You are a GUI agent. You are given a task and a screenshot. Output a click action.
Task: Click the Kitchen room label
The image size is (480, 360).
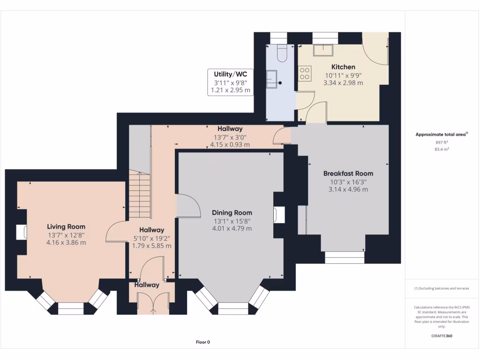(x=343, y=67)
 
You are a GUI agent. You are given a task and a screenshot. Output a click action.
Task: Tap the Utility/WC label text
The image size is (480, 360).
(x=230, y=74)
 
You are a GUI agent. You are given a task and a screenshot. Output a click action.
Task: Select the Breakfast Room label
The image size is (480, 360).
(x=348, y=173)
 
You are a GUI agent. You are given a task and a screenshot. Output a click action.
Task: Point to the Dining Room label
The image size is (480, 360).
(x=232, y=212)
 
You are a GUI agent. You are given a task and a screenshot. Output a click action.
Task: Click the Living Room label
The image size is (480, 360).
(x=66, y=226)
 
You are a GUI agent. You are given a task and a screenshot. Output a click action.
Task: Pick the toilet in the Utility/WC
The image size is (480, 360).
(x=282, y=53)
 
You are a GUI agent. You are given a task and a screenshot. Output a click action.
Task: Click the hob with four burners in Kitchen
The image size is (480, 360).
(x=305, y=73)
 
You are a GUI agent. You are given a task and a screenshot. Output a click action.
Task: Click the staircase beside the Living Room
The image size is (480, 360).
(x=140, y=195)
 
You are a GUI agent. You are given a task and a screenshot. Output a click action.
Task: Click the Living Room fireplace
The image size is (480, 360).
(x=21, y=232)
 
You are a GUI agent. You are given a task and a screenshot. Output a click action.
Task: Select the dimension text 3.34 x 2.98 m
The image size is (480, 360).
(x=343, y=83)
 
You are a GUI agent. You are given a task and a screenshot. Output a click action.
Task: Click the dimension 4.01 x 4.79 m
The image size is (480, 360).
(x=232, y=229)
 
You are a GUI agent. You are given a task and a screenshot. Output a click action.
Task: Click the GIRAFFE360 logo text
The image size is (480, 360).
(x=442, y=336)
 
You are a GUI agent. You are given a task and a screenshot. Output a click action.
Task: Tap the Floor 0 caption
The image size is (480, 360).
(x=203, y=342)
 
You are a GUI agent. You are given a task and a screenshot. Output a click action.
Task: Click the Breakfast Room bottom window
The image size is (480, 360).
(x=345, y=257)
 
